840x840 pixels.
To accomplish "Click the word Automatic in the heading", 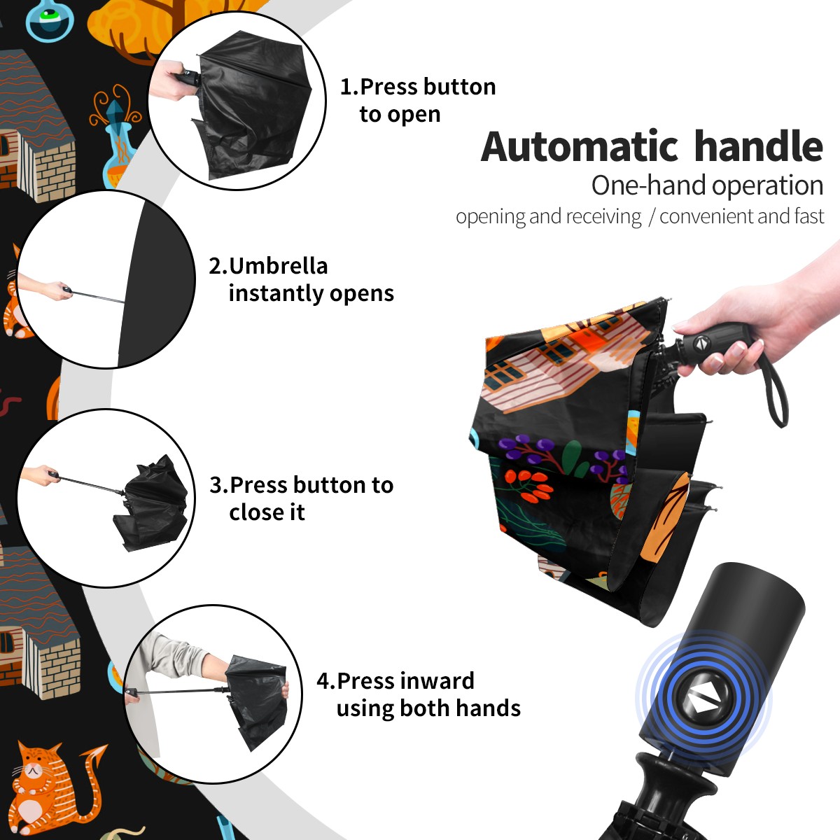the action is click(x=580, y=147).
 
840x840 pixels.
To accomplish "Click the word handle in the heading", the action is click(x=759, y=146).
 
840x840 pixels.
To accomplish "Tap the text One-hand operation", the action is click(x=707, y=185).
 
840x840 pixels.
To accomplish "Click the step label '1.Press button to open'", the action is click(x=418, y=100).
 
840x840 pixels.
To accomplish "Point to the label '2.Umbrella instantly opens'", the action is click(x=301, y=279).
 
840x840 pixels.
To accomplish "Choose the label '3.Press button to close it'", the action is click(x=301, y=498).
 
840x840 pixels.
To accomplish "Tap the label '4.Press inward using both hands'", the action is click(x=419, y=694).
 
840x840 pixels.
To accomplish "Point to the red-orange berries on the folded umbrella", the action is click(x=528, y=486).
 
